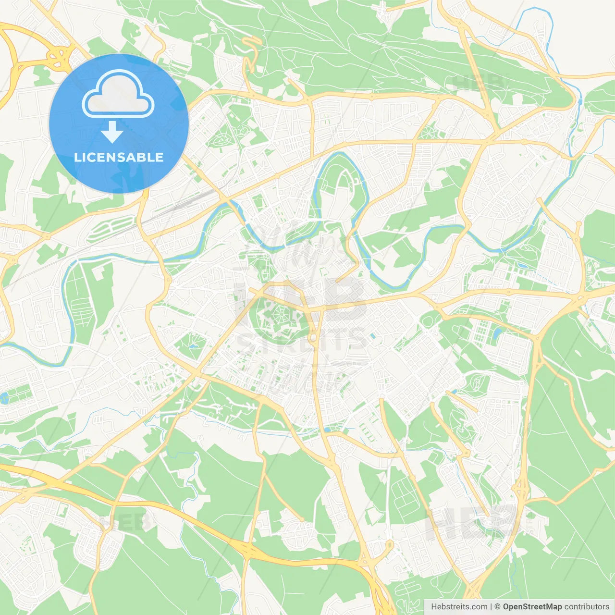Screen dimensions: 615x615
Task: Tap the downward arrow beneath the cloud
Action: pyautogui.click(x=112, y=132)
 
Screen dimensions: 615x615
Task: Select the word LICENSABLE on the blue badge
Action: pyautogui.click(x=119, y=157)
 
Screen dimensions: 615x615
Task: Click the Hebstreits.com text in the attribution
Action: pyautogui.click(x=459, y=607)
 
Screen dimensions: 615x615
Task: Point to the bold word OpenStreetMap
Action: pyautogui.click(x=532, y=607)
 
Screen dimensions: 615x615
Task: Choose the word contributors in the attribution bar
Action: pyautogui.click(x=587, y=607)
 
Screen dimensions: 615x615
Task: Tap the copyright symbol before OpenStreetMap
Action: pyautogui.click(x=497, y=607)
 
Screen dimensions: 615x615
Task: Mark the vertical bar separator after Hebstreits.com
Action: pyautogui.click(x=491, y=607)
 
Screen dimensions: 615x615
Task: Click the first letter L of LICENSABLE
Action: pyautogui.click(x=77, y=157)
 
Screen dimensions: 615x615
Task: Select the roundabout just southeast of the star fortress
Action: pyautogui.click(x=313, y=338)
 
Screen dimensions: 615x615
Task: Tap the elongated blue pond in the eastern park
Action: pyautogui.click(x=496, y=332)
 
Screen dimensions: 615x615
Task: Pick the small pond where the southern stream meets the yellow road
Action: pyautogui.click(x=327, y=430)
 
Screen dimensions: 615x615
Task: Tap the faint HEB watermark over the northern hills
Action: pyautogui.click(x=478, y=83)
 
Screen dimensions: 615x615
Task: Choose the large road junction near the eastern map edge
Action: pyautogui.click(x=580, y=299)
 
